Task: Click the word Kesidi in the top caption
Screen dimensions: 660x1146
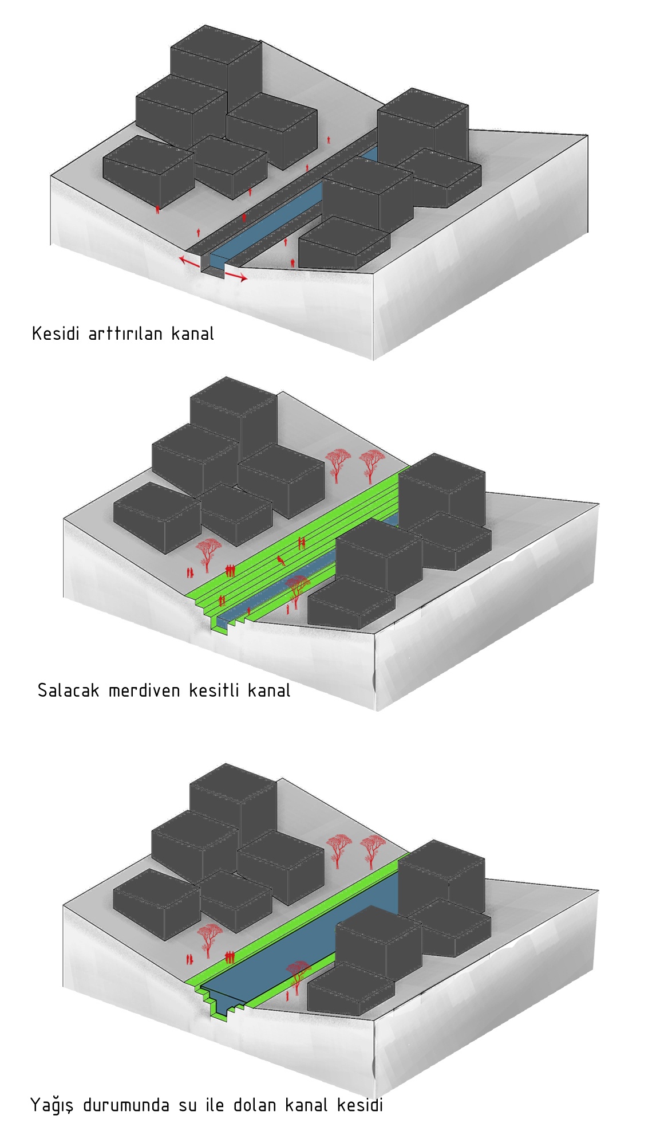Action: (x=56, y=333)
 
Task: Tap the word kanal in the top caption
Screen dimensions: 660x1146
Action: (x=193, y=333)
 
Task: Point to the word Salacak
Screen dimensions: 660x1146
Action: (x=68, y=690)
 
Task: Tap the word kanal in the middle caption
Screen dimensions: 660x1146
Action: (x=269, y=690)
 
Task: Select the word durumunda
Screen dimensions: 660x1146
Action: (x=126, y=1105)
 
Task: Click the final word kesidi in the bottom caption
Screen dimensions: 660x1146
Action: (x=360, y=1105)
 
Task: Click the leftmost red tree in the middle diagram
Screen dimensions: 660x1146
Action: (x=208, y=554)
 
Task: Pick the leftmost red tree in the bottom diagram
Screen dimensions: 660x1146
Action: (x=208, y=940)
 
